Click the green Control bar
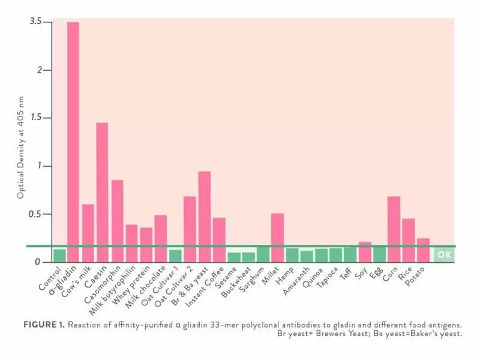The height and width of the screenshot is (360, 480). (59, 256)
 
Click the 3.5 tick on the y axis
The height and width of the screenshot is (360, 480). (35, 22)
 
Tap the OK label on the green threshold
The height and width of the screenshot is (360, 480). (444, 254)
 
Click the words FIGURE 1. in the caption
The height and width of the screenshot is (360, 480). (43, 325)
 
